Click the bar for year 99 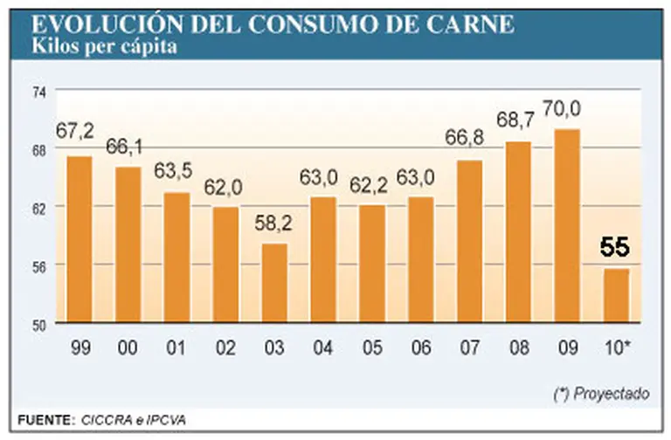pyautogui.click(x=80, y=239)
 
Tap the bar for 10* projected pyautogui.click(x=616, y=295)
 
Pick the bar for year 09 pyautogui.click(x=567, y=225)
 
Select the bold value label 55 pyautogui.click(x=614, y=248)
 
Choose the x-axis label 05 pyautogui.click(x=371, y=348)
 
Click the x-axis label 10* pyautogui.click(x=617, y=348)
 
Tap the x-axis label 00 pyautogui.click(x=128, y=348)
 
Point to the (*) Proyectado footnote pyautogui.click(x=601, y=394)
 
